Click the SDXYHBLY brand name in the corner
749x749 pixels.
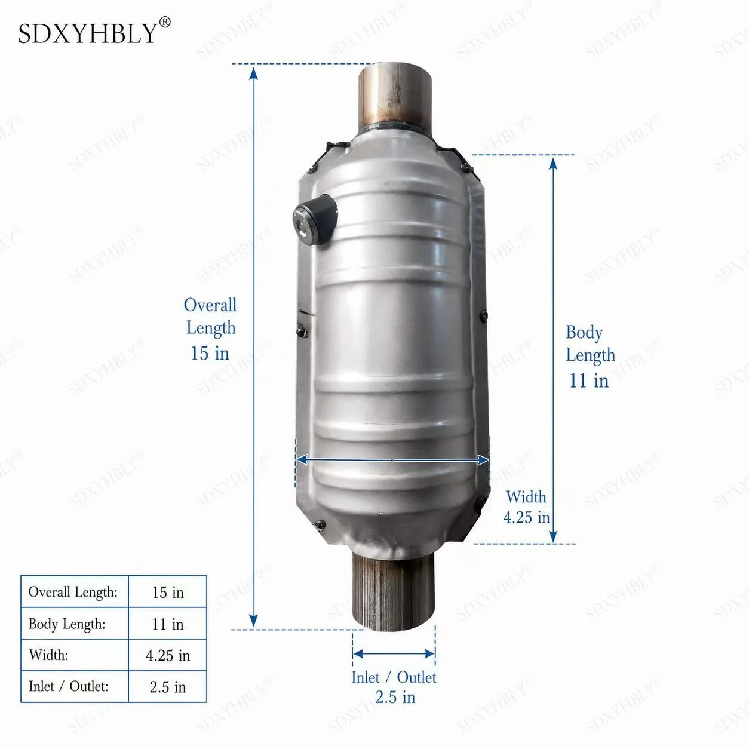pyautogui.click(x=87, y=33)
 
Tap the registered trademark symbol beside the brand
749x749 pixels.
pyautogui.click(x=165, y=22)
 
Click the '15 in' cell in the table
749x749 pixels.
pyautogui.click(x=167, y=593)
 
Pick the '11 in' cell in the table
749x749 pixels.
pyautogui.click(x=167, y=624)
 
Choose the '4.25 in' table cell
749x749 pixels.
pyautogui.click(x=167, y=656)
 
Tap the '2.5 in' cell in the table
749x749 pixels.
pyautogui.click(x=167, y=687)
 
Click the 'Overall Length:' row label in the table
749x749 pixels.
pyautogui.click(x=73, y=592)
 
